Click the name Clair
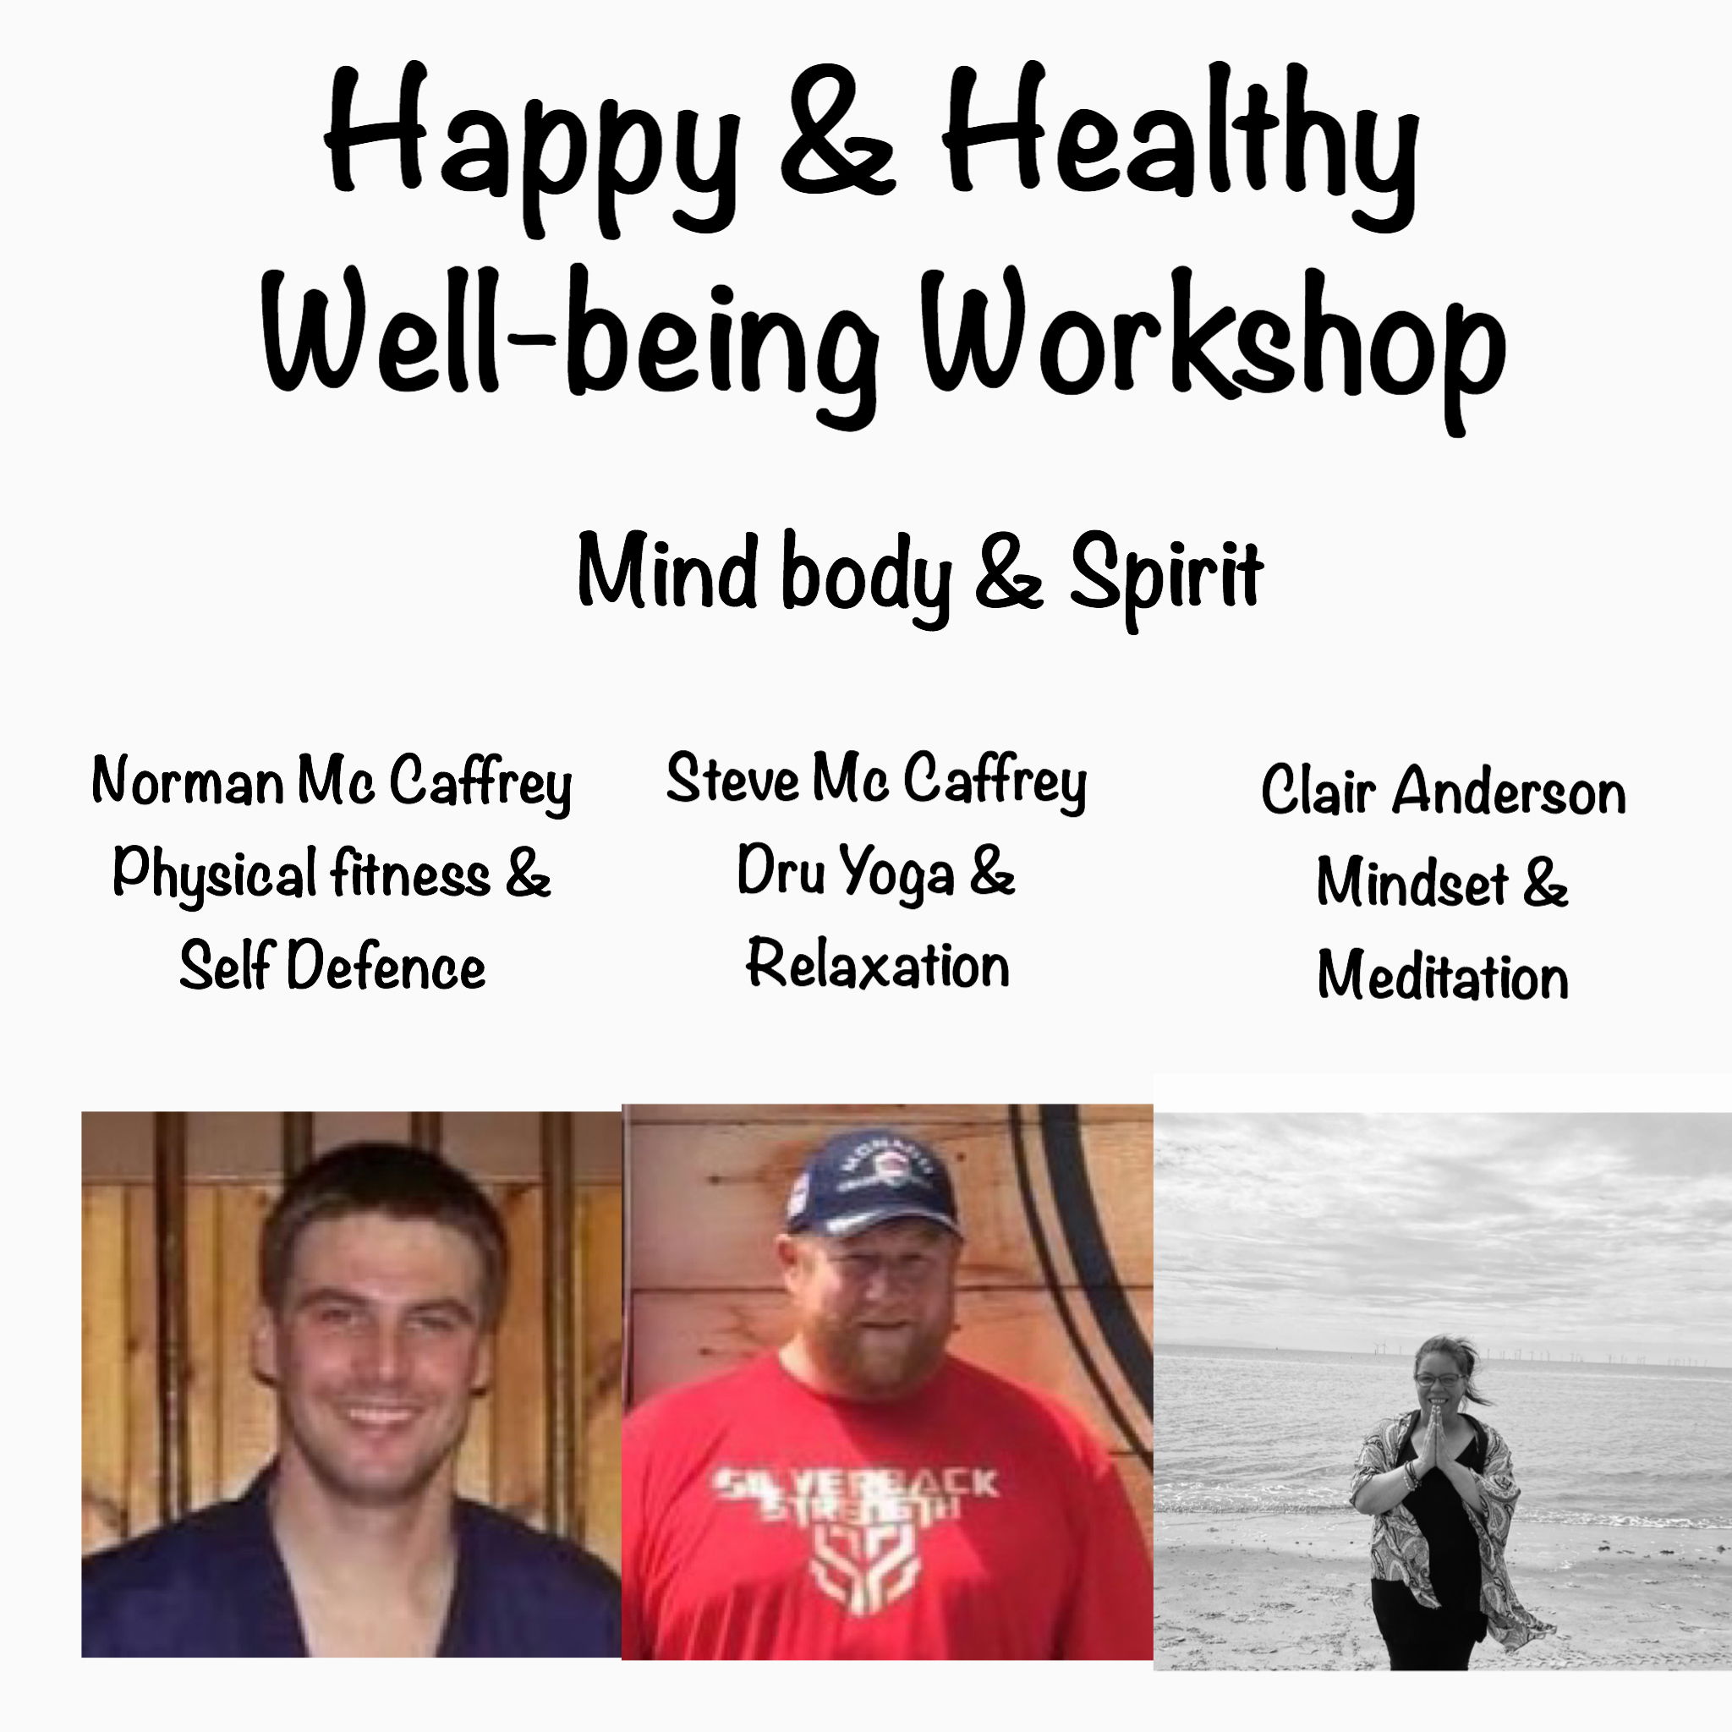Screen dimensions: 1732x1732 point(1318,791)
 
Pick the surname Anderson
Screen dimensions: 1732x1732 point(1508,792)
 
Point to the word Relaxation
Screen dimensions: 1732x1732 point(879,965)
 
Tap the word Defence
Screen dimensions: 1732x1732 point(386,967)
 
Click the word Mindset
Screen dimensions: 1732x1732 point(1413,882)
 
